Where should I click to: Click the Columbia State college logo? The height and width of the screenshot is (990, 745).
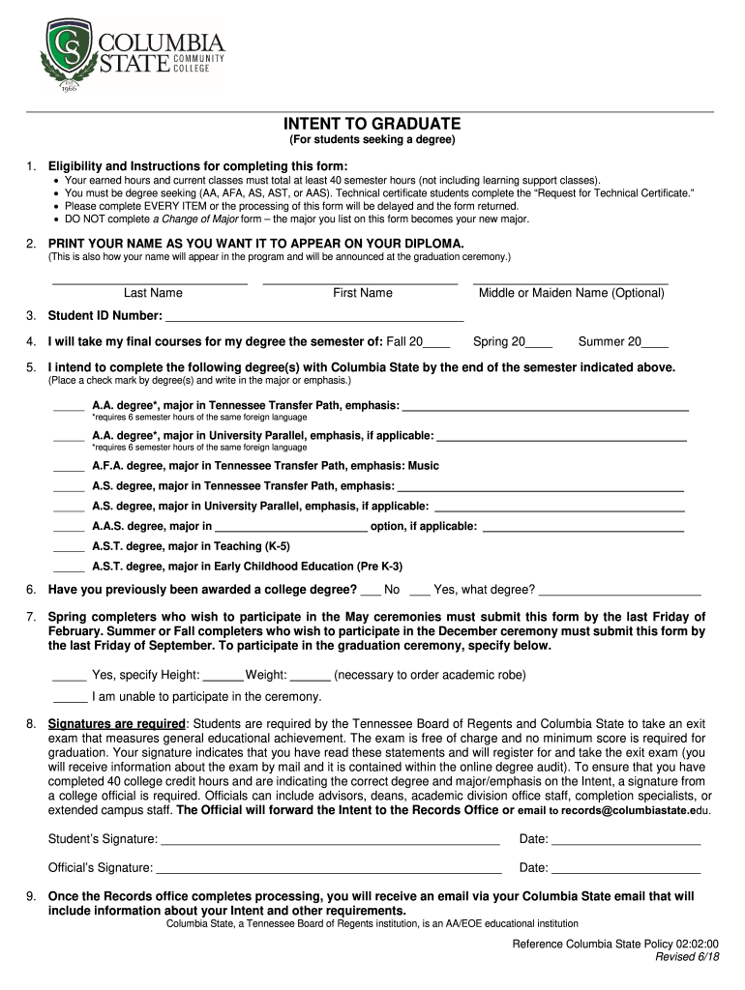(132, 56)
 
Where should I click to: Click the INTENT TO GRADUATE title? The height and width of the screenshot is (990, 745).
(372, 125)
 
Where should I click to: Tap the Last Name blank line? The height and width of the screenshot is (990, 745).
(149, 283)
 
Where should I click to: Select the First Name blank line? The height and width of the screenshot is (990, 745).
(360, 283)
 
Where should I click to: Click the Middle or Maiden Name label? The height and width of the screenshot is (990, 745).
(572, 293)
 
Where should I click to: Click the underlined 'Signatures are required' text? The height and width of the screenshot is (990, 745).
(116, 723)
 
